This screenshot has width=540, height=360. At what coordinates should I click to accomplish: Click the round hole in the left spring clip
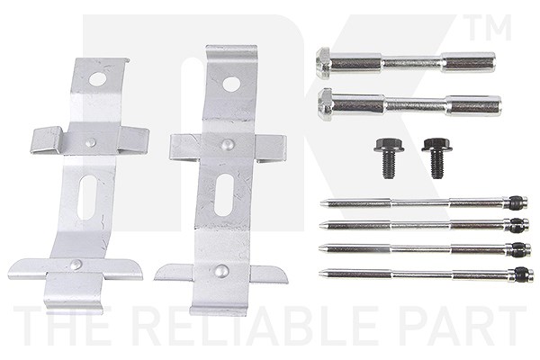(x=97, y=79)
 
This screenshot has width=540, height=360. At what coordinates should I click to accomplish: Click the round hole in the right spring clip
(x=231, y=83)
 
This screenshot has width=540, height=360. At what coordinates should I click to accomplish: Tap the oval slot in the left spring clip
(x=87, y=197)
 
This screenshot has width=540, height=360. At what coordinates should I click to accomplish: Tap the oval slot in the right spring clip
(x=224, y=194)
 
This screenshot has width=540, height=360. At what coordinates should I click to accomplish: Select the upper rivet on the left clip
(x=90, y=141)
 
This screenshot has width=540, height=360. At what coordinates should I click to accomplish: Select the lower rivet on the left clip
(x=75, y=265)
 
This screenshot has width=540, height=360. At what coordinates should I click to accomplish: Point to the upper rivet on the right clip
(x=226, y=144)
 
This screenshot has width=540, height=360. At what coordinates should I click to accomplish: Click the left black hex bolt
(x=388, y=157)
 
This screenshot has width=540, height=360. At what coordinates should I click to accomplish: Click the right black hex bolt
(x=436, y=157)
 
